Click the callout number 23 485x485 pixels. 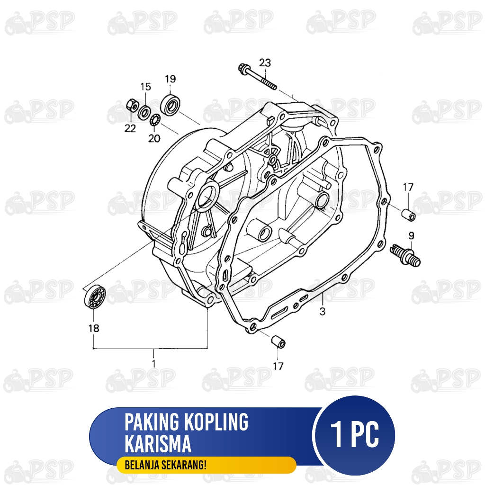tap(265, 63)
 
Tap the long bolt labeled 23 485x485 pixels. tap(257, 76)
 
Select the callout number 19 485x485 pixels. tap(170, 79)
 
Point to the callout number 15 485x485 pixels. tap(145, 87)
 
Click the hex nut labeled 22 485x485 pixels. tap(132, 106)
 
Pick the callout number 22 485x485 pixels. tap(130, 128)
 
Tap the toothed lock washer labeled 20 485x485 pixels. tap(154, 120)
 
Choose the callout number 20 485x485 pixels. tap(154, 138)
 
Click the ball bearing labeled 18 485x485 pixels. tap(95, 297)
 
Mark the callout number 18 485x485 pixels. tap(94, 328)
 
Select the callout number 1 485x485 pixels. tap(154, 363)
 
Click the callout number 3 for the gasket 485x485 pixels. tap(322, 311)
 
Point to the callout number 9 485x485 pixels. tap(411, 236)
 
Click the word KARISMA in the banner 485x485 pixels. tap(158, 444)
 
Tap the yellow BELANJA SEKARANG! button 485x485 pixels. tap(207, 465)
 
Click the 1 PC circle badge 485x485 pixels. tap(354, 435)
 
